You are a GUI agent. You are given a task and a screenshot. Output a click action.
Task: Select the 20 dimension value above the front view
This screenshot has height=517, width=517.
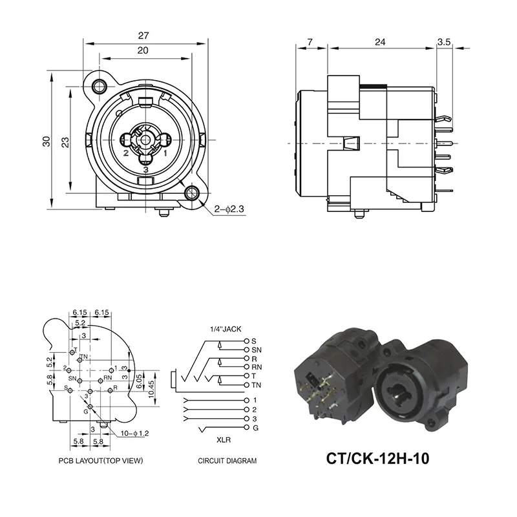click(143, 50)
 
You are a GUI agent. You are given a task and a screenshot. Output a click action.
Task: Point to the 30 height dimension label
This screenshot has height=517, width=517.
click(47, 142)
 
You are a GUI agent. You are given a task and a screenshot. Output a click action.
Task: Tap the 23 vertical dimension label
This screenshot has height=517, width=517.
click(65, 142)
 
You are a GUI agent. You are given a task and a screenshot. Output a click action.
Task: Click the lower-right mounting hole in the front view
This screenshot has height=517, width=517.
click(191, 193)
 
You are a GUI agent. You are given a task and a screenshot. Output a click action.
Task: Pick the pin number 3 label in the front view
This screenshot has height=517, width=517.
click(146, 169)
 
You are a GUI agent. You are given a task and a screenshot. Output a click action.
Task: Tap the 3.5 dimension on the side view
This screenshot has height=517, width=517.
click(444, 42)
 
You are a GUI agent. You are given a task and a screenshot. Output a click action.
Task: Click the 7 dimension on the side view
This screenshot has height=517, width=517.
click(310, 42)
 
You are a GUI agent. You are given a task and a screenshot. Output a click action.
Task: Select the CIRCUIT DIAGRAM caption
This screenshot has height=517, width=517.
click(227, 461)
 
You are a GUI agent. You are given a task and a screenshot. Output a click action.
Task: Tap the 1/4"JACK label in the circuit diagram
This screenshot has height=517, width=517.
click(224, 329)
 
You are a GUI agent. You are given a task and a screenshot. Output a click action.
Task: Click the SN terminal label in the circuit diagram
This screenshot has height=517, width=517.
click(256, 349)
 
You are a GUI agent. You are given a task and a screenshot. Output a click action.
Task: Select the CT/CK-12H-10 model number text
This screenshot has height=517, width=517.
click(377, 459)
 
